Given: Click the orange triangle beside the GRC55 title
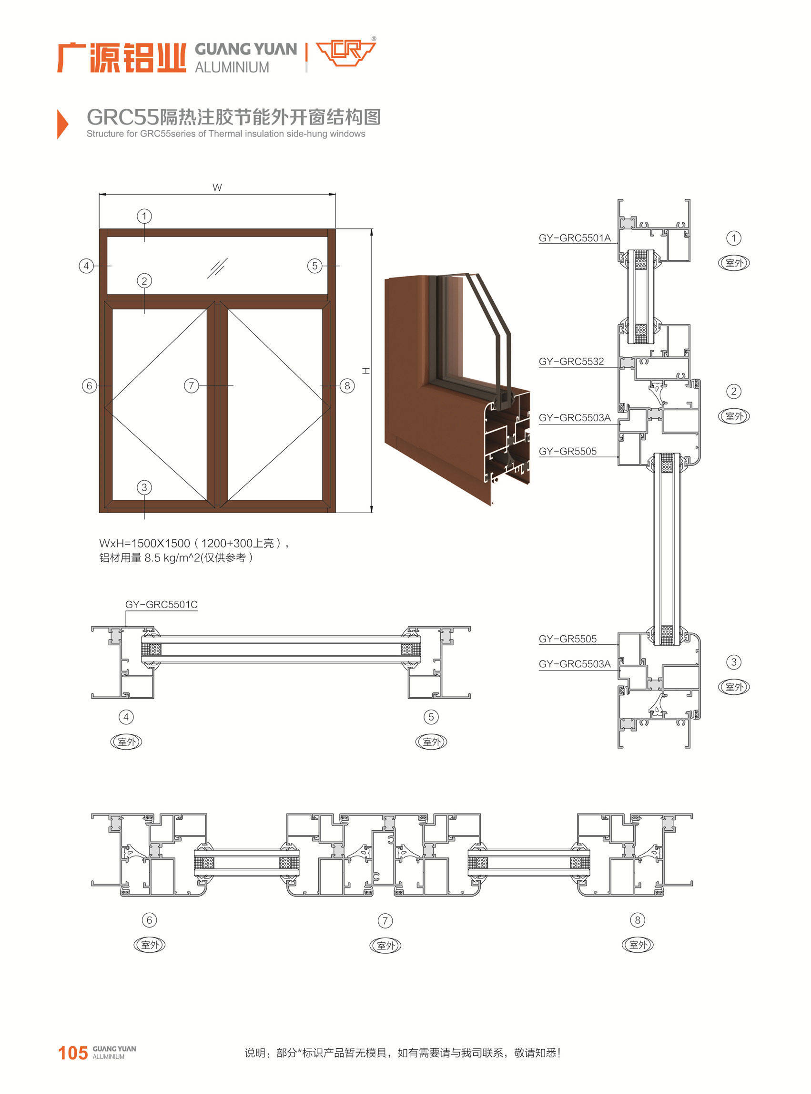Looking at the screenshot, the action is tap(62, 124).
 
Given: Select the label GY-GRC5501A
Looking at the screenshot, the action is tap(575, 238).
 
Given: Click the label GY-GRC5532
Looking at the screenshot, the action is tap(571, 361).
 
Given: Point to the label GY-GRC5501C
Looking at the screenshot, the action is tap(162, 605).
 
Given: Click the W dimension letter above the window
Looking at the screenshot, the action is tap(217, 187).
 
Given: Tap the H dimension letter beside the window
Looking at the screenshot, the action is tap(366, 371).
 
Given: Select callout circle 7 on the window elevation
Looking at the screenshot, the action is tap(192, 386).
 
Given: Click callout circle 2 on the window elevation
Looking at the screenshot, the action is tap(144, 280).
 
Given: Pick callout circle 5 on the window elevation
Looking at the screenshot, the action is tap(314, 266).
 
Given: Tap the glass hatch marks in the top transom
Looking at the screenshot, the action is tap(217, 268).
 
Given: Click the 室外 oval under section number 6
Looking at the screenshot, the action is tap(150, 945).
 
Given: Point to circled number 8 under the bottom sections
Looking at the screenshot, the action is tap(637, 920).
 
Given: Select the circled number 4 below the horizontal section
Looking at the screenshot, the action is tap(126, 717).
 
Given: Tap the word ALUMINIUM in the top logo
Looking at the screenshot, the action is tap(232, 67).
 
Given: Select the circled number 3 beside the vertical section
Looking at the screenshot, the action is tap(733, 662).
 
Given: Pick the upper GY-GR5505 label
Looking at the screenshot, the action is tap(568, 452).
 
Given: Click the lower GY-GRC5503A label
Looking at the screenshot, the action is tap(575, 664).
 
